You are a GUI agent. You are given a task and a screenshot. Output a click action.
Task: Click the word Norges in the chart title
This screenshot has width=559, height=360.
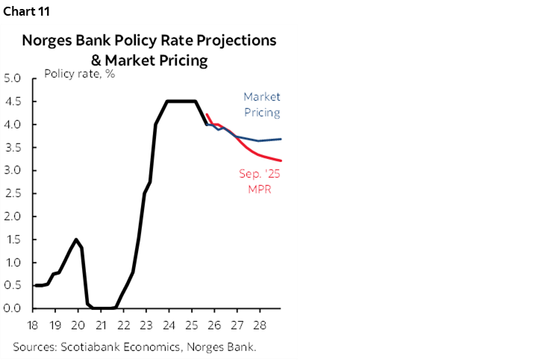(47, 40)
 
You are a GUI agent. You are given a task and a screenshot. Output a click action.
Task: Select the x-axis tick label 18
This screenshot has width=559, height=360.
(34, 326)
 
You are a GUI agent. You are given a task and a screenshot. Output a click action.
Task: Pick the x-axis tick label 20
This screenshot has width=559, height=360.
(79, 326)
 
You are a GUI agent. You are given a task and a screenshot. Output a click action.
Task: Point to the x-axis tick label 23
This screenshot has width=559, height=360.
(146, 326)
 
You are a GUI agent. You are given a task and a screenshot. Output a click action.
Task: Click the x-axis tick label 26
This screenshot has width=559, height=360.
(213, 326)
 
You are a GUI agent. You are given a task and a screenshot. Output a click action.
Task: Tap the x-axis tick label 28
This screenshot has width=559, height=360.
(259, 326)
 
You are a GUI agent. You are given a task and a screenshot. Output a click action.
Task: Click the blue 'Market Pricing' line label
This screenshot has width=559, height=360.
(261, 105)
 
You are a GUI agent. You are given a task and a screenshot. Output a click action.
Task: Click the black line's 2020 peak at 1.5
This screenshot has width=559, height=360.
(75, 240)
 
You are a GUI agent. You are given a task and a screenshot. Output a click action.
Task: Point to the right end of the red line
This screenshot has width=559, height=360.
(281, 160)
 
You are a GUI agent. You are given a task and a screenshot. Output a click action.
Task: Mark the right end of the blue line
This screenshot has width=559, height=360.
(281, 139)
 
